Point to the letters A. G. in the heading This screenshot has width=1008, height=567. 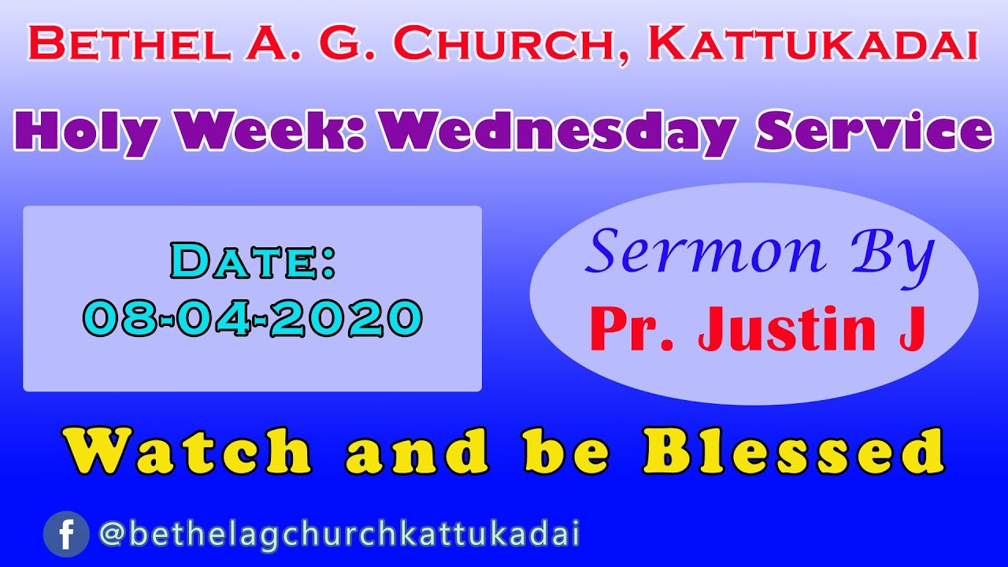pyautogui.click(x=302, y=45)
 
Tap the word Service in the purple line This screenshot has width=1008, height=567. pyautogui.click(x=873, y=132)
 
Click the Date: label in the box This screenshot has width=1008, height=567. pyautogui.click(x=253, y=262)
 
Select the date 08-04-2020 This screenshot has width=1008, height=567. pyautogui.click(x=253, y=318)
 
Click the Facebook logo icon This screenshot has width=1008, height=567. pyautogui.click(x=66, y=535)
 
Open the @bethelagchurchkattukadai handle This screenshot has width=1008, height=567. pyautogui.click(x=339, y=535)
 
